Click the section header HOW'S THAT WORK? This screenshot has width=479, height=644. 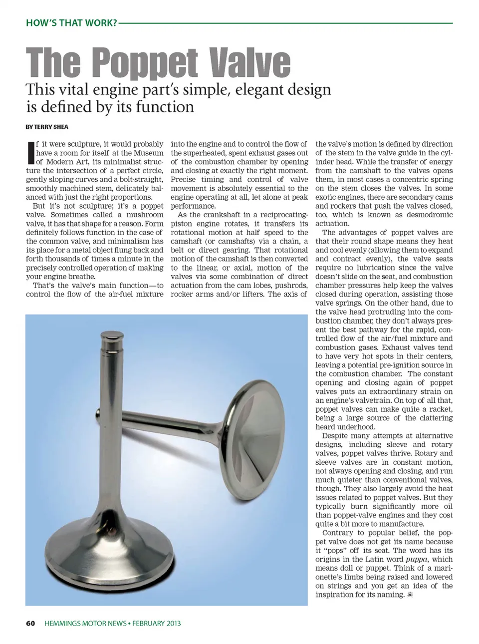[71, 23]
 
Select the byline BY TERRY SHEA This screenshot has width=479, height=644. [47, 127]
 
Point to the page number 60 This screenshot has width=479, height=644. [30, 623]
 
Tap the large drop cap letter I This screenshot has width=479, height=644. [30, 153]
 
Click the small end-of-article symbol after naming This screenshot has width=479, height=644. [410, 595]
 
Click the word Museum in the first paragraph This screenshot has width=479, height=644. [148, 153]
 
